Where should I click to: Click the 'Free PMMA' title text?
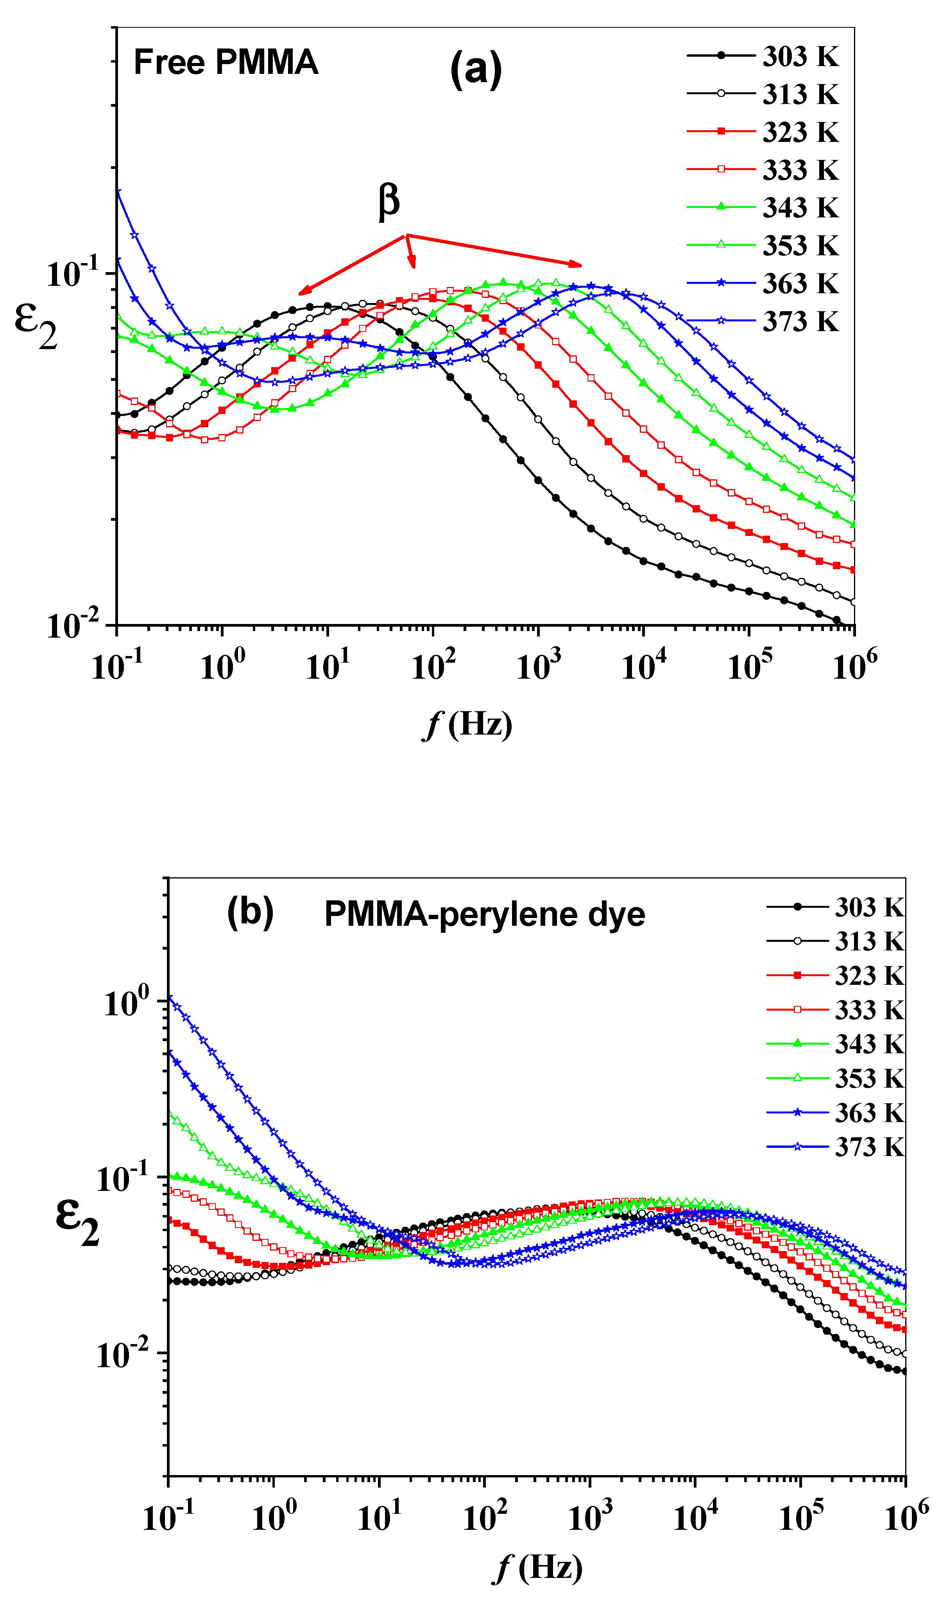point(226,63)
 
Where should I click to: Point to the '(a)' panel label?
point(476,69)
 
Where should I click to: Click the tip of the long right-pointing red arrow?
point(580,265)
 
